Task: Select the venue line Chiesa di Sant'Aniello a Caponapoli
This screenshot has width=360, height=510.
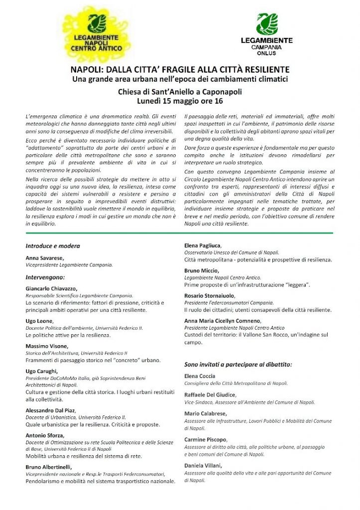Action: [x=180, y=92]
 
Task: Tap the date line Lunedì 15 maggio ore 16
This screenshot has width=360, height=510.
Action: [x=180, y=100]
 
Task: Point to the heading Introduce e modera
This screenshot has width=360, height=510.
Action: [x=53, y=246]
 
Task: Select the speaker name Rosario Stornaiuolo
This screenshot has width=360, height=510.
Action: [x=210, y=296]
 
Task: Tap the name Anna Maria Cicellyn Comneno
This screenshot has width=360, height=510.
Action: [x=222, y=321]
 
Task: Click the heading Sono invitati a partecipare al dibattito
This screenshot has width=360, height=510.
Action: [x=238, y=364]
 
